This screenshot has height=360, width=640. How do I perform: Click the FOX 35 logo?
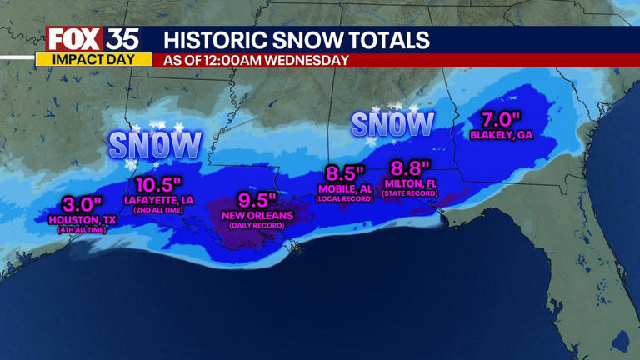pos(92,39)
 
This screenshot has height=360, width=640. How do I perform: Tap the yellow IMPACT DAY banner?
pos(93,60)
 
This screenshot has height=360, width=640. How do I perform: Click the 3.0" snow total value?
pos(82,204)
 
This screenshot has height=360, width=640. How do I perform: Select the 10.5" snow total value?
pos(160,185)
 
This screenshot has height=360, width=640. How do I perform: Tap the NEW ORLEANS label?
pos(255,216)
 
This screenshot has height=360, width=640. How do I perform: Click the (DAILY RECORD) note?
pos(255,226)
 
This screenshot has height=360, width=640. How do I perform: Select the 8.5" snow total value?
pos(345,173)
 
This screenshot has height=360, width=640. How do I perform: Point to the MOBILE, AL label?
pos(344,189)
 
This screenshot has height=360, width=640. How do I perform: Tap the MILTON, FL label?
pos(411,183)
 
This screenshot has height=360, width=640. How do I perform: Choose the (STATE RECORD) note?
pos(411,193)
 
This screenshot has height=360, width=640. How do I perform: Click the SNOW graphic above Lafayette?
pos(155,145)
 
